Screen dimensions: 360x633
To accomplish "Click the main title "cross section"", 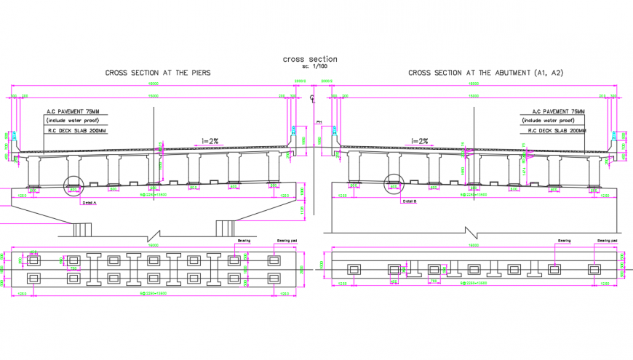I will (x=309, y=59).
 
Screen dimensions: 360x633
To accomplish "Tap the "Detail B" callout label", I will (x=409, y=201).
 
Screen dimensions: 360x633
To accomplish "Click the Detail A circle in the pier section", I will (x=74, y=187).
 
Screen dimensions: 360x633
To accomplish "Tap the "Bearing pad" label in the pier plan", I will (x=287, y=239).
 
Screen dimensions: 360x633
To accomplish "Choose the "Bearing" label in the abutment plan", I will (x=564, y=240).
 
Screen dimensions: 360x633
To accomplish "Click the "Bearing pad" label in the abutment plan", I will (x=608, y=240).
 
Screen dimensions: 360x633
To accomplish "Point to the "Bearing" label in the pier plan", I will (x=244, y=239).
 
